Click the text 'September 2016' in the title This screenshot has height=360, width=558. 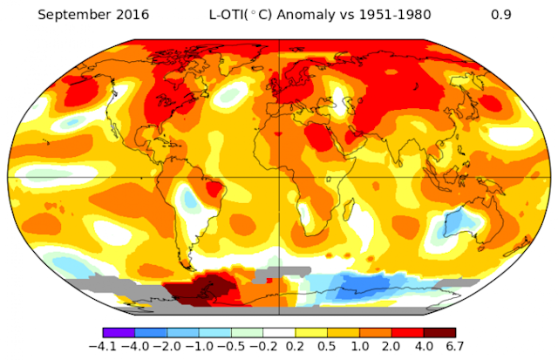[81, 14]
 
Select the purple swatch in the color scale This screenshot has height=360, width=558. [118, 333]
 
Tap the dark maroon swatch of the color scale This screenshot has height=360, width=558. [439, 333]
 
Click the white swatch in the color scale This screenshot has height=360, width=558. [278, 333]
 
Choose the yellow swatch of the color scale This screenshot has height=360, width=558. [310, 333]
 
